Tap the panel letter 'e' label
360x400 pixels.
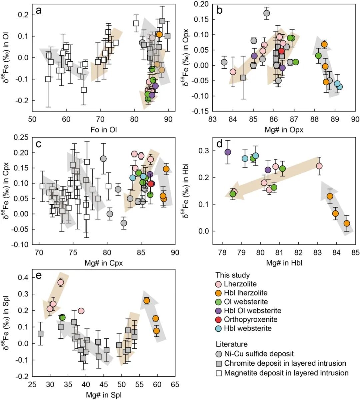click(38, 276)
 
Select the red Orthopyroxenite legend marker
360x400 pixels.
click(219, 319)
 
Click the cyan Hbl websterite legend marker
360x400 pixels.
click(219, 328)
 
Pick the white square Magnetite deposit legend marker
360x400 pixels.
click(219, 373)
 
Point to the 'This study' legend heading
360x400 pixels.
click(233, 275)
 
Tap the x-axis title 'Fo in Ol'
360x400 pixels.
click(104, 130)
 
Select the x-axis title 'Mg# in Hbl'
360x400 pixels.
click(284, 263)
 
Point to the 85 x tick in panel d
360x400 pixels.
click(356, 253)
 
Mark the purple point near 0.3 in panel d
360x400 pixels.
click(228, 152)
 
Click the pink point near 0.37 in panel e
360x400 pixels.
click(61, 282)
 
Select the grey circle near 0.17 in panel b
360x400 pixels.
click(267, 13)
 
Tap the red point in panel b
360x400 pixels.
click(281, 51)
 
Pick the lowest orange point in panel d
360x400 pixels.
click(347, 223)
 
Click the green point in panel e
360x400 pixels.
click(62, 318)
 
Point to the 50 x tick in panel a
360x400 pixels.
click(32, 120)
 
